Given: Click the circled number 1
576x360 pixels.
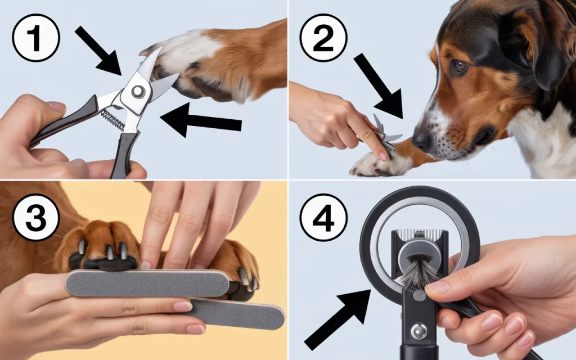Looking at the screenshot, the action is pyautogui.click(x=35, y=38).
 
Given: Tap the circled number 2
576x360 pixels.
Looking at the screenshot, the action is pyautogui.click(x=323, y=38).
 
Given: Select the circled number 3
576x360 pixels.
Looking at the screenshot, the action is pyautogui.click(x=35, y=218).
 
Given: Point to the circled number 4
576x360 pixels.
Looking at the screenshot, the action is pyautogui.click(x=323, y=218).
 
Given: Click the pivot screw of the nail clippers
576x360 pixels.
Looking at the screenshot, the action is pyautogui.click(x=138, y=91).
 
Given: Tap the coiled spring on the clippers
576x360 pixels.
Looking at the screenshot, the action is pyautogui.click(x=112, y=119).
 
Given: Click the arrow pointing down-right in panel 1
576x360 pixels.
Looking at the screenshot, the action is pyautogui.click(x=98, y=51).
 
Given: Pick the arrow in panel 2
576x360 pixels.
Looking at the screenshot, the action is pyautogui.click(x=379, y=87).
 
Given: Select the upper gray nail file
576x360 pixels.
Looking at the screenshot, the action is pyautogui.click(x=147, y=283).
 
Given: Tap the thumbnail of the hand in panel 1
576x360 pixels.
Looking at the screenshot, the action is pyautogui.click(x=57, y=107).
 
